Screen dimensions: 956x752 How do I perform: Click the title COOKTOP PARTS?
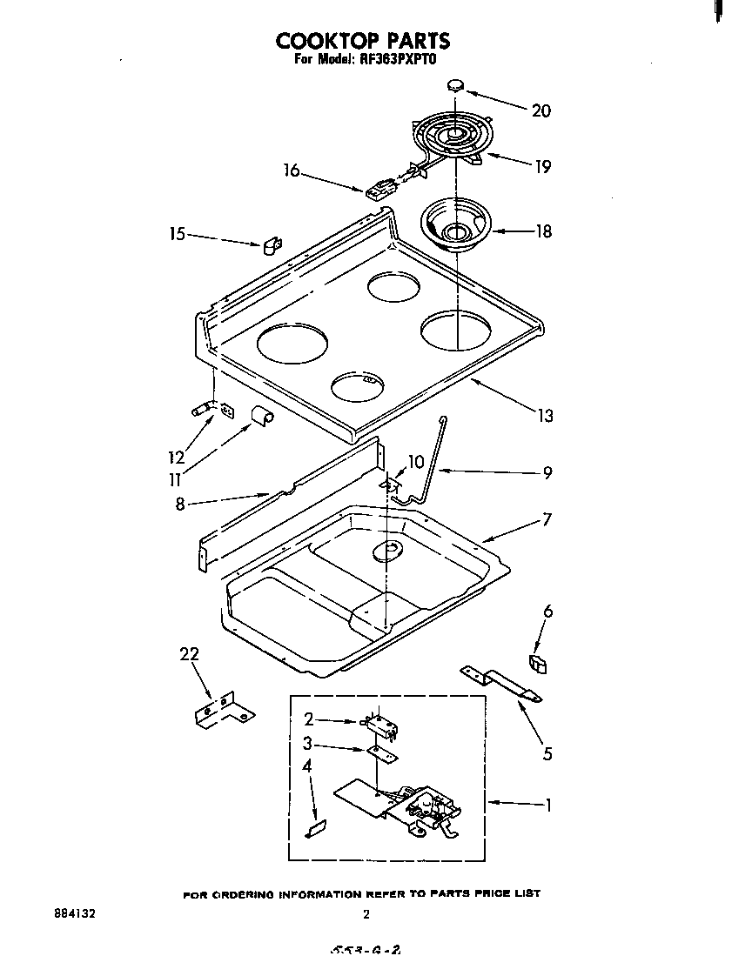tap(363, 40)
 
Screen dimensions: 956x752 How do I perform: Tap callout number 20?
tap(540, 110)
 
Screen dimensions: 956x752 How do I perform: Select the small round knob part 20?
tap(456, 84)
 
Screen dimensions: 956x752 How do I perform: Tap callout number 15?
tap(178, 234)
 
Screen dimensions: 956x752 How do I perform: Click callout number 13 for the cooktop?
tap(545, 416)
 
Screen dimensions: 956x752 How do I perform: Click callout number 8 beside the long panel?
tap(180, 504)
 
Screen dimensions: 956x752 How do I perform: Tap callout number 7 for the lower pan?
tap(547, 519)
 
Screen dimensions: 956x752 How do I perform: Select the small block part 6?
tap(539, 665)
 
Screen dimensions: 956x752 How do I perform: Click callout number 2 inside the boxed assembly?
tap(308, 719)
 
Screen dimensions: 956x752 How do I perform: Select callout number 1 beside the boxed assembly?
tap(547, 805)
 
